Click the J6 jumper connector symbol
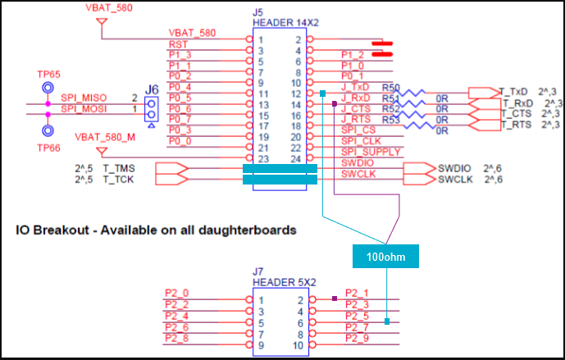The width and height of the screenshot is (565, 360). tap(151, 107)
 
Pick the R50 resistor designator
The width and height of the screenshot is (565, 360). tap(391, 88)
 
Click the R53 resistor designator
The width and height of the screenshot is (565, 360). tap(391, 120)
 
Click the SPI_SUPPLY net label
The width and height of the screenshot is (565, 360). tap(371, 152)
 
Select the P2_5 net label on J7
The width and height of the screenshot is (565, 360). tap(358, 316)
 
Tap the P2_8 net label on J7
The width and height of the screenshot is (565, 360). tap(176, 338)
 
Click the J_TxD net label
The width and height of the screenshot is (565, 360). tap(354, 87)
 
